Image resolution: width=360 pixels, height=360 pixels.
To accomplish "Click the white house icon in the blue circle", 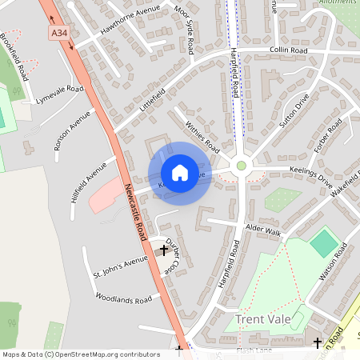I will click(x=179, y=172).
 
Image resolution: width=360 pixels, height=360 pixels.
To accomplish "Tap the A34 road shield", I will click(x=58, y=33).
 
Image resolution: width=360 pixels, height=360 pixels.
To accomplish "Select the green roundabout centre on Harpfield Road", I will click(x=241, y=166).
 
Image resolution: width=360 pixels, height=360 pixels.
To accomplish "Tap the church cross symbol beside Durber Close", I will click(x=165, y=250).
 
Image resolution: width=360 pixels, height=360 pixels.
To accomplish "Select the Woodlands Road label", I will click(x=123, y=299).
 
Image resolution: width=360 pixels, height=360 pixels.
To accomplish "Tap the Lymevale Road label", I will click(x=60, y=94).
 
